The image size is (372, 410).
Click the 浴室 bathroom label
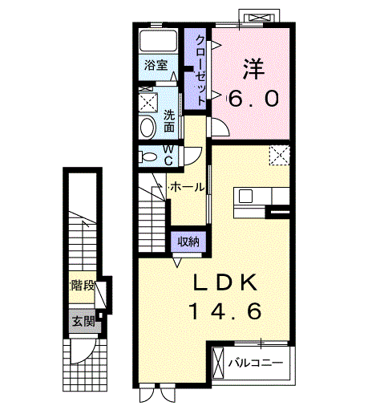[x=156, y=65]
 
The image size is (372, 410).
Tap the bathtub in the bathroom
[x=159, y=40]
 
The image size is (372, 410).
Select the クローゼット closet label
[x=200, y=70]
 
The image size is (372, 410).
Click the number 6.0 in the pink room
[x=253, y=98]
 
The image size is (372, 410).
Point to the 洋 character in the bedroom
[x=253, y=69]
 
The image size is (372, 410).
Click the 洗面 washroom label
[x=169, y=121]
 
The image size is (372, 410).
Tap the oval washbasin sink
[x=148, y=128]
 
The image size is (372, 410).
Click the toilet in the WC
[x=148, y=156]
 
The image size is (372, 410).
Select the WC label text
[x=168, y=156]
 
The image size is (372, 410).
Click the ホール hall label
[x=187, y=187]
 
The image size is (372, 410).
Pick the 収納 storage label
[x=188, y=242]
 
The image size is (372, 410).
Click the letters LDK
[x=225, y=282]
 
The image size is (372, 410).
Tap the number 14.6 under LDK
[x=225, y=311]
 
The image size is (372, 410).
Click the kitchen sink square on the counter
[x=245, y=196]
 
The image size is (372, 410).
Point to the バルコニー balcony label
[x=256, y=363]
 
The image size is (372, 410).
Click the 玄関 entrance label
[x=84, y=321]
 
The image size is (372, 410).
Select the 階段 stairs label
[x=83, y=286]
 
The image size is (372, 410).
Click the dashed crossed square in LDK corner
[x=279, y=156]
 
